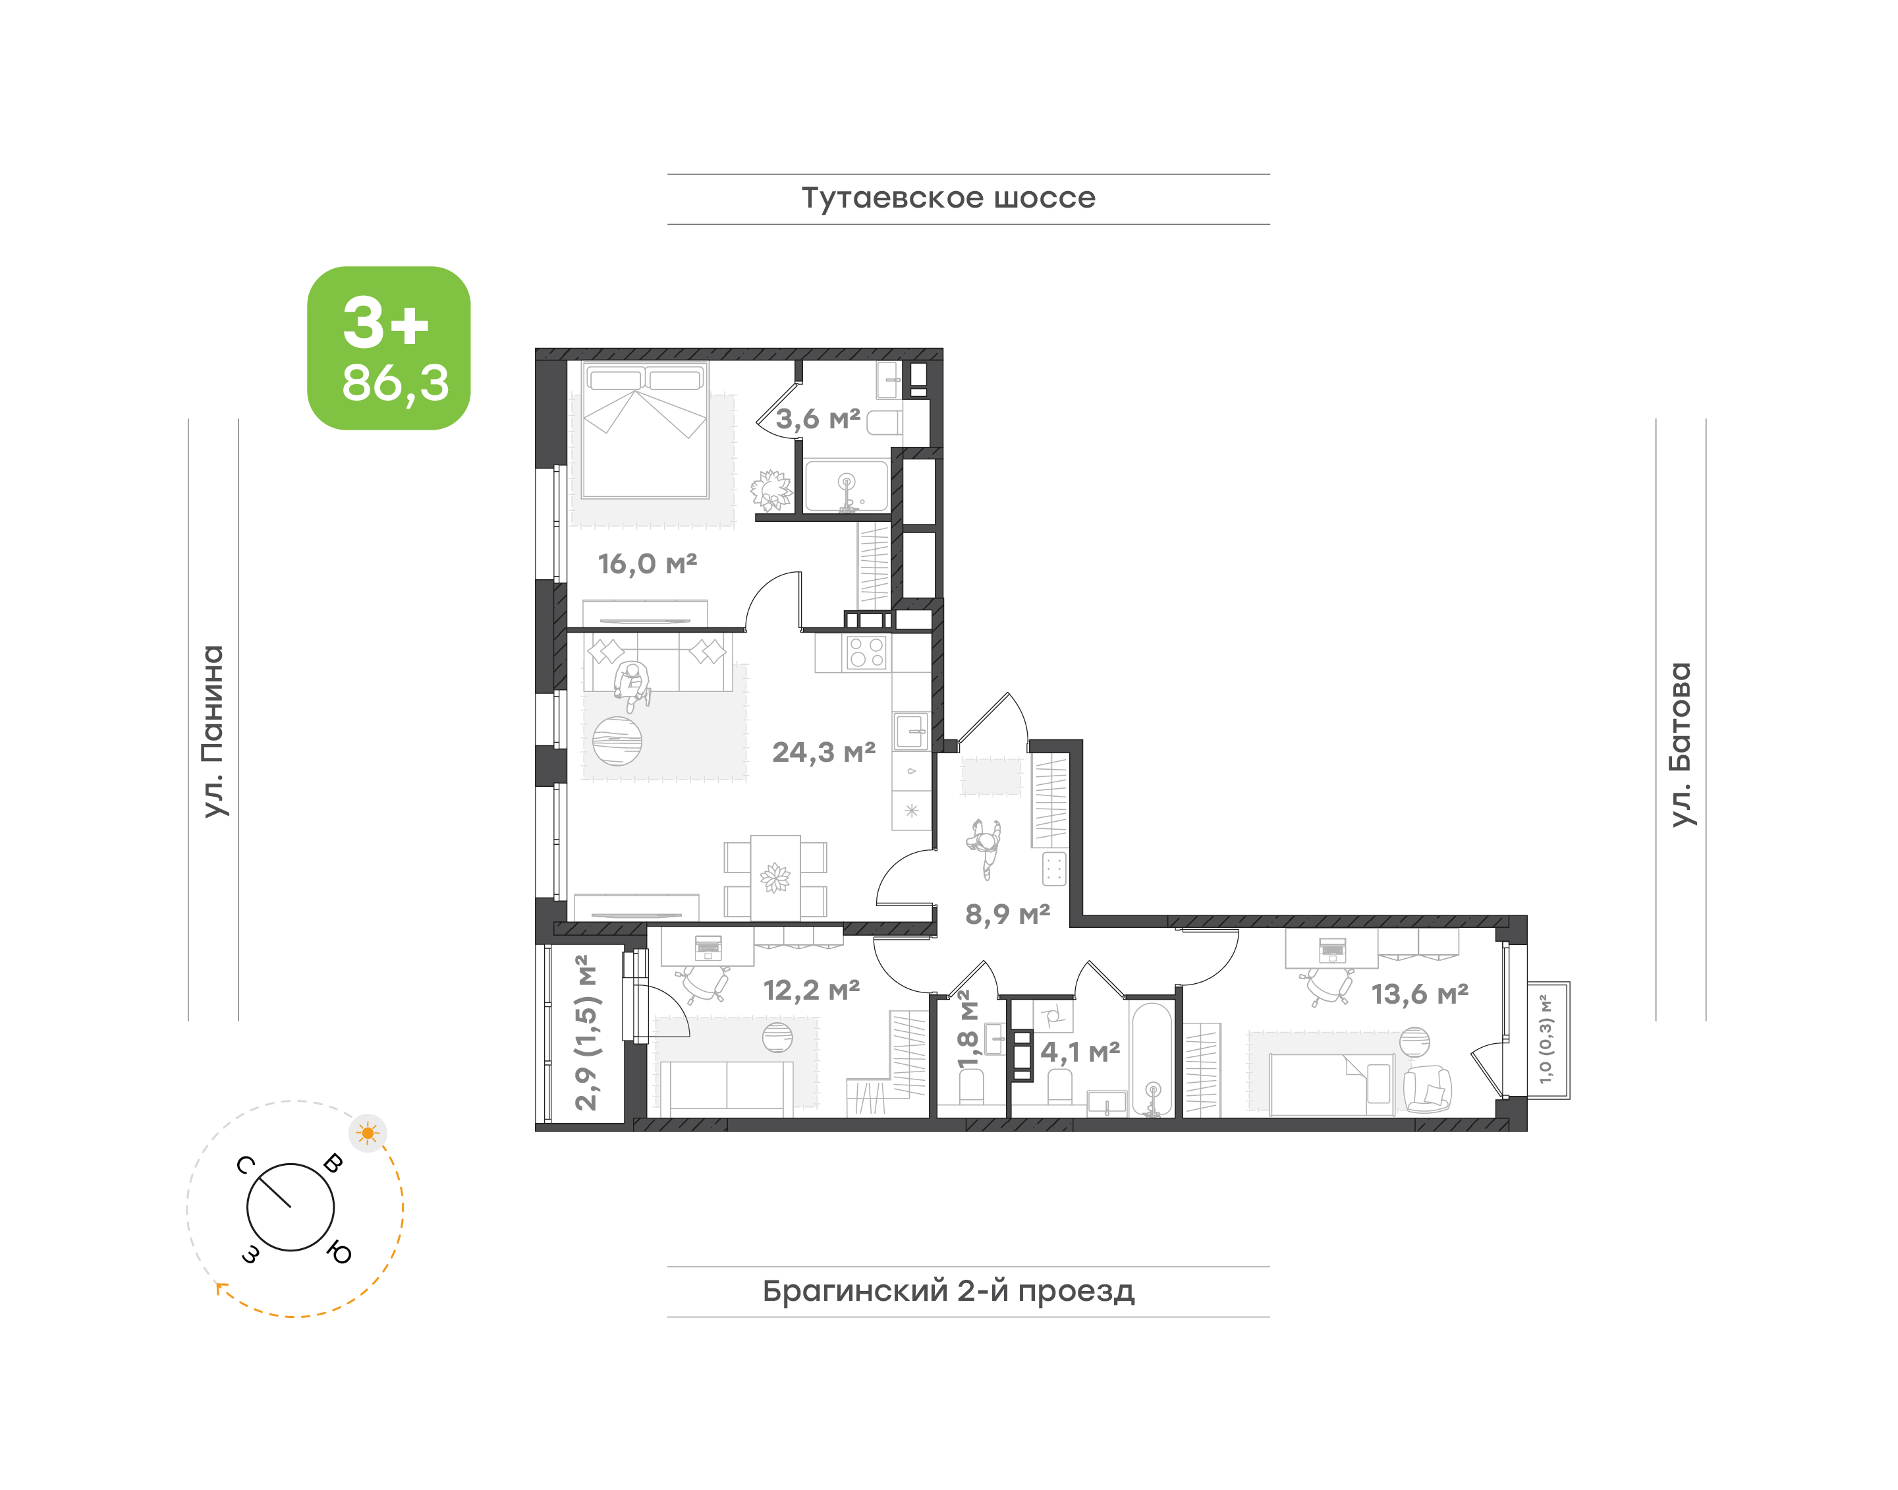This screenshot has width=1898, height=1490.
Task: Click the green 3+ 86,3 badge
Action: coord(388,347)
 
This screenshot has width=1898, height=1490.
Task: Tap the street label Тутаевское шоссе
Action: coord(948,198)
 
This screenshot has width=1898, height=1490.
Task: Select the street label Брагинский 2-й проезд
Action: coord(948,1290)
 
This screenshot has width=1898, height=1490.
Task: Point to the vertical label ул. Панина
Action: coord(213,731)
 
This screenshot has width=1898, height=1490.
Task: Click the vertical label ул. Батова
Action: coord(1680,744)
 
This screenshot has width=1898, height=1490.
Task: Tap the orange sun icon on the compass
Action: coord(368,1133)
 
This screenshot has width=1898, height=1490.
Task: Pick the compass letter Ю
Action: coord(339,1253)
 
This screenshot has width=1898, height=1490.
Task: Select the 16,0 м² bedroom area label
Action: coord(647,563)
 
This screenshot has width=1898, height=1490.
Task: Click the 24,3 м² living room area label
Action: coord(823,752)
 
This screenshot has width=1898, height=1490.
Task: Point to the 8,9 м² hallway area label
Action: coord(1007,913)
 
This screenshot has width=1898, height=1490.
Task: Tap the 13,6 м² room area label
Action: coord(1420,994)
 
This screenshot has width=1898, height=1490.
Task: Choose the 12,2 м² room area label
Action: coord(811,990)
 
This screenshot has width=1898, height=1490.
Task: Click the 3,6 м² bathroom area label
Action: coord(818,418)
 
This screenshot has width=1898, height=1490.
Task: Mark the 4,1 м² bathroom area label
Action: coord(1080,1051)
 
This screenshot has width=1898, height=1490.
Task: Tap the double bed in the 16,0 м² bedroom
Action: coord(646,431)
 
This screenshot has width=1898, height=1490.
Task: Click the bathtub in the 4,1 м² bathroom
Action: coord(1152,1059)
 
